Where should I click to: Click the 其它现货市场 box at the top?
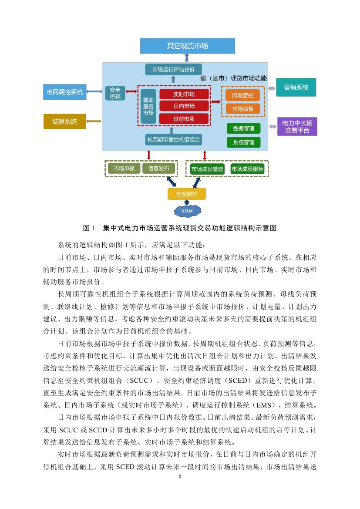click(187, 46)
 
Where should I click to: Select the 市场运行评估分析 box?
click(173, 69)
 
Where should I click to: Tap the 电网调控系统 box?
click(64, 92)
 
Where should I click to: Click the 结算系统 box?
click(64, 121)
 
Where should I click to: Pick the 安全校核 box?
click(115, 93)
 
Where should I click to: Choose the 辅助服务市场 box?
click(148, 106)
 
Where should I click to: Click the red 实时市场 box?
click(183, 94)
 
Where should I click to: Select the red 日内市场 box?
click(183, 106)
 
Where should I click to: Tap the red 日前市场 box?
click(183, 118)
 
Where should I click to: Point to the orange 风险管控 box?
click(242, 95)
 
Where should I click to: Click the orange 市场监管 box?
click(242, 108)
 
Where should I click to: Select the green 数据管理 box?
click(243, 128)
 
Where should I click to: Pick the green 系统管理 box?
click(243, 142)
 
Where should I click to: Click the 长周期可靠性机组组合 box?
click(173, 140)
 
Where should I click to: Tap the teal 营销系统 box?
click(296, 88)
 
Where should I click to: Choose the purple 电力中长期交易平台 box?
click(297, 127)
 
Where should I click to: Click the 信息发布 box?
click(158, 169)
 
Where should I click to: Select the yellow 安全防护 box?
click(187, 194)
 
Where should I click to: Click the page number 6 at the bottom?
click(180, 476)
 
